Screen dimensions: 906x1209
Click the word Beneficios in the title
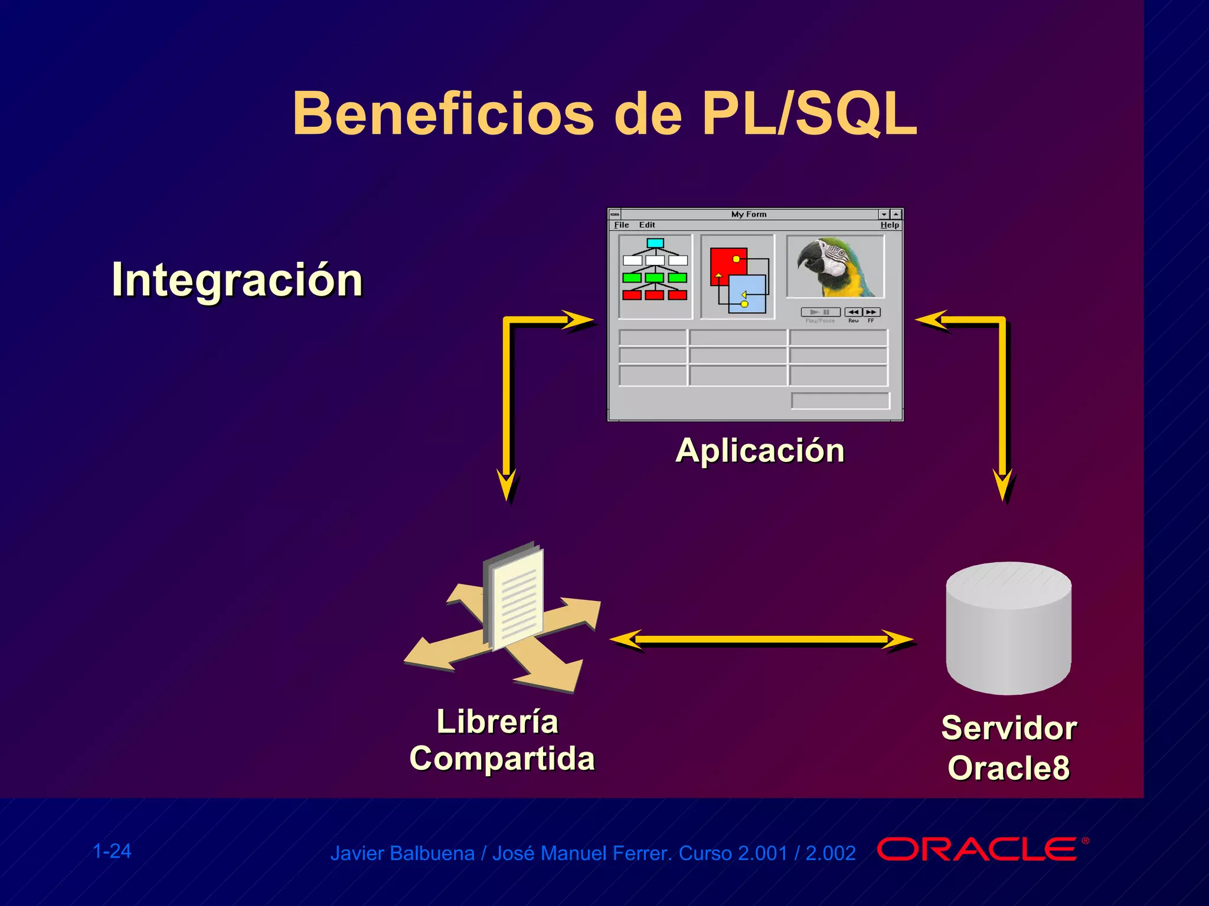click(x=443, y=114)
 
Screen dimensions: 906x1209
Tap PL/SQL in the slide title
click(x=809, y=114)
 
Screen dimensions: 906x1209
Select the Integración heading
click(x=237, y=280)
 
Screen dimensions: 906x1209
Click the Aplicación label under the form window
click(x=760, y=451)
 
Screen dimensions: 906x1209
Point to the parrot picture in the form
click(x=835, y=267)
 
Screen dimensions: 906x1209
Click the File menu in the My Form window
click(x=621, y=225)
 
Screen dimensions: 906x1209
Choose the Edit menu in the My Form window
click(x=646, y=225)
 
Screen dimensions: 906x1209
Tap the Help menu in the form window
click(x=889, y=225)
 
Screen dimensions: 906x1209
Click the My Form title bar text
click(x=749, y=214)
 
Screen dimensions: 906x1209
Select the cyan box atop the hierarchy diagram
click(x=655, y=243)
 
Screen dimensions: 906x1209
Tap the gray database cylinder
click(x=1008, y=628)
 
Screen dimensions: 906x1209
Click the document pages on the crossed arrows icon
click(x=515, y=596)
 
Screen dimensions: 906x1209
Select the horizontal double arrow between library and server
click(x=762, y=639)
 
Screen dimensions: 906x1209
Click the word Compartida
click(x=502, y=758)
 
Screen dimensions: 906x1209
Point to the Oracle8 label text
click(x=1008, y=767)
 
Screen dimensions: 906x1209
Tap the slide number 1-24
click(x=112, y=851)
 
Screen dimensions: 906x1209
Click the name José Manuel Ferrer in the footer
click(x=581, y=854)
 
